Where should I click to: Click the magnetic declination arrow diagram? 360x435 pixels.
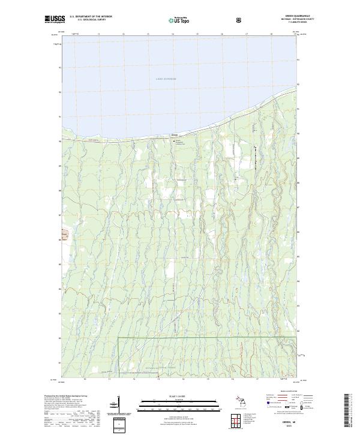[x=114, y=405]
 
